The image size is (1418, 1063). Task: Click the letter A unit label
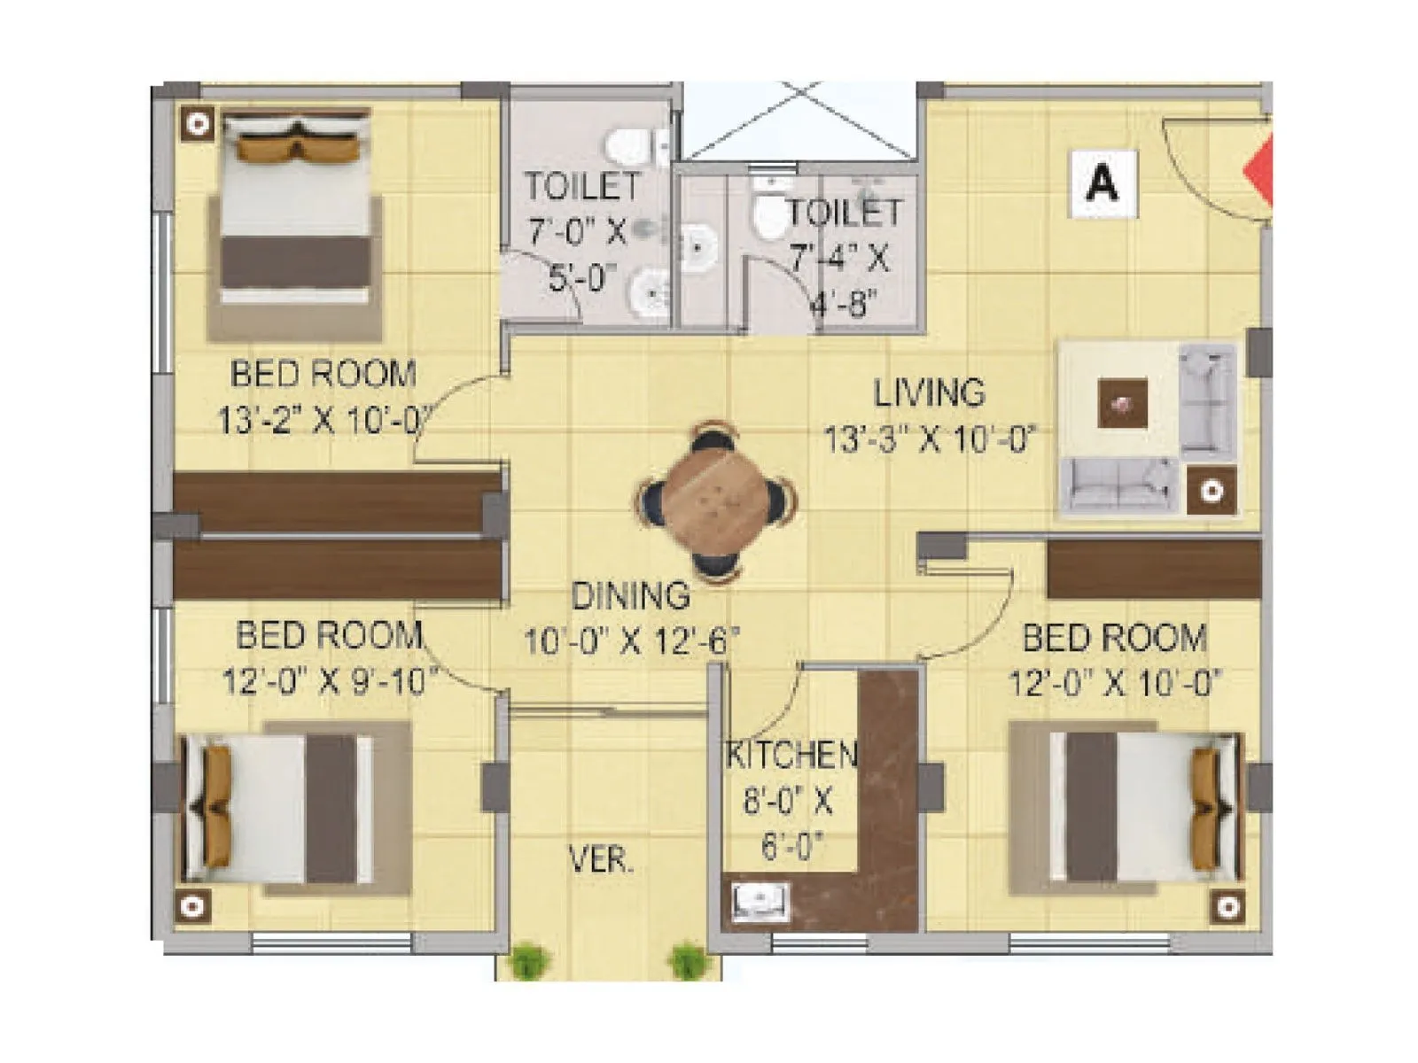click(1102, 183)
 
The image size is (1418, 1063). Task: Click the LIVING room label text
click(929, 393)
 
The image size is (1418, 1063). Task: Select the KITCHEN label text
click(791, 755)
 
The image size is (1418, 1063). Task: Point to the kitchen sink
click(760, 902)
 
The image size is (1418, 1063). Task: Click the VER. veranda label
click(601, 858)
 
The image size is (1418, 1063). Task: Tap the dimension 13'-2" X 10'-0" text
click(324, 420)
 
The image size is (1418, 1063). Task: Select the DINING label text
click(630, 596)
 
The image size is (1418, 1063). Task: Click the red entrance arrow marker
click(1260, 172)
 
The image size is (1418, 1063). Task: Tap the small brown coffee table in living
click(1123, 404)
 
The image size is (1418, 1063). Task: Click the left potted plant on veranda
click(528, 960)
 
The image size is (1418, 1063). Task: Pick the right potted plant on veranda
click(687, 960)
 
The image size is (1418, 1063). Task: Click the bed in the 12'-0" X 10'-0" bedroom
click(1143, 807)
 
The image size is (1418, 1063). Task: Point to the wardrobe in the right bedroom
click(1152, 570)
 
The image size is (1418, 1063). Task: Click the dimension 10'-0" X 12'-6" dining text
click(630, 640)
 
